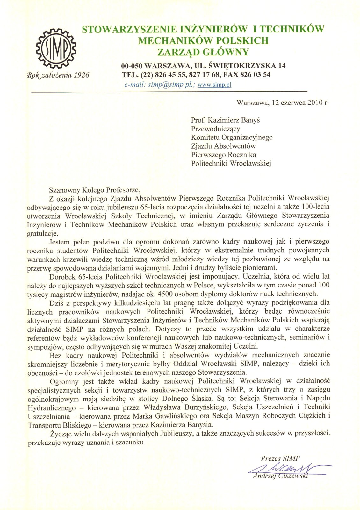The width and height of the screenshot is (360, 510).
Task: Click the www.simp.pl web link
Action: [x=214, y=85]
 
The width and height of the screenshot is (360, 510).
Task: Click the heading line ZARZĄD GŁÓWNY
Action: [x=203, y=52]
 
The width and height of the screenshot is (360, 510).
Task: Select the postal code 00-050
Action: [x=132, y=66]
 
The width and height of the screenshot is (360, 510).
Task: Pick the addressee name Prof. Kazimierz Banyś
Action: [x=225, y=120]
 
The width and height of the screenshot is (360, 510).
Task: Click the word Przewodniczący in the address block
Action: [x=215, y=129]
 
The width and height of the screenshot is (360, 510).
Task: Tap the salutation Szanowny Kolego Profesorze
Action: [x=94, y=190]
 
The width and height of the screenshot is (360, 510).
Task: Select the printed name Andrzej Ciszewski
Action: [x=280, y=476]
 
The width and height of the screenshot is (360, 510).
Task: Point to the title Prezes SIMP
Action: [x=280, y=458]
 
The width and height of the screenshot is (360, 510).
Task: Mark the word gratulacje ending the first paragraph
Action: [x=42, y=234]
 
